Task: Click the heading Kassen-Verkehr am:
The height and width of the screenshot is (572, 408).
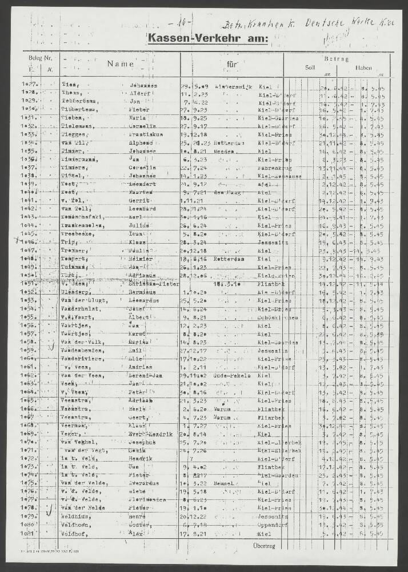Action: point(207,38)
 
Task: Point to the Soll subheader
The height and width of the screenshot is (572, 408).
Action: point(310,67)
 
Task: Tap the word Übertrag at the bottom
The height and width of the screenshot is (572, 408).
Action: point(264,545)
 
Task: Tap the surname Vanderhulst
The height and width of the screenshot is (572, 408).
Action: point(81,308)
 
